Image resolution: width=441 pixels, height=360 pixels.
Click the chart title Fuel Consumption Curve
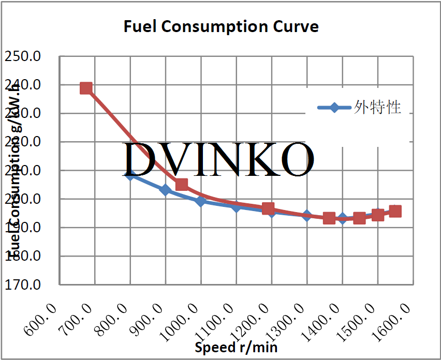[x=220, y=26]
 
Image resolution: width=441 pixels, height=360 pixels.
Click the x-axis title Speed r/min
[x=236, y=347]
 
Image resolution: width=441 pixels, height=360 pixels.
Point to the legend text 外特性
[x=378, y=108]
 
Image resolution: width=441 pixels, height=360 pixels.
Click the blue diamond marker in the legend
[x=334, y=108]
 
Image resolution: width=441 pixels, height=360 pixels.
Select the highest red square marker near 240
[x=86, y=88]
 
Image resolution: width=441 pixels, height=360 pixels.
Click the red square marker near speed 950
[x=182, y=185]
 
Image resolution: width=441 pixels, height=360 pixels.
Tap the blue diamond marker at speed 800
[x=130, y=175]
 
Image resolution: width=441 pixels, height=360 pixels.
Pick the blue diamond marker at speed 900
[x=166, y=190]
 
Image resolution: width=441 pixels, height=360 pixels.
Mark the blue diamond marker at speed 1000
[x=201, y=201]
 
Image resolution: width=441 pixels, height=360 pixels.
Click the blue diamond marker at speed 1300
[x=307, y=215]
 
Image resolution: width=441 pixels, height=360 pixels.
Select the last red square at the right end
[x=395, y=211]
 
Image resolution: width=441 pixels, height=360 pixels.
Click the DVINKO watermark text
[x=218, y=159]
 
